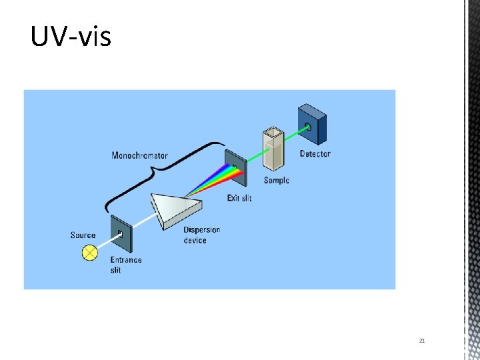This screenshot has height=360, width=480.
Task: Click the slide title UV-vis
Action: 71,37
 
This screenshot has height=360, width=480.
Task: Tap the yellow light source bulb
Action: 89,253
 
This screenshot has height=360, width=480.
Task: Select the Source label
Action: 83,235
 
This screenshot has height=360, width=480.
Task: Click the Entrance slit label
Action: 125,265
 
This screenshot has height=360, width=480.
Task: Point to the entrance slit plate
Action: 120,235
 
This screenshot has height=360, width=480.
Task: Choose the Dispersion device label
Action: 201,235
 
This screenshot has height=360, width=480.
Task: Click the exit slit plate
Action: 236,167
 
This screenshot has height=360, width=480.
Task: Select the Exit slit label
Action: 239,198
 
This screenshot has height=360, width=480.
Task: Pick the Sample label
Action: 277,181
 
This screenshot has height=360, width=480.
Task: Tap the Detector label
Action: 315,154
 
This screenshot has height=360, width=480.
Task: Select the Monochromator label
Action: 139,155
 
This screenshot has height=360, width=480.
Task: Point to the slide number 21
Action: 422,341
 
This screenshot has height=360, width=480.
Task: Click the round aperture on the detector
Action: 308,126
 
